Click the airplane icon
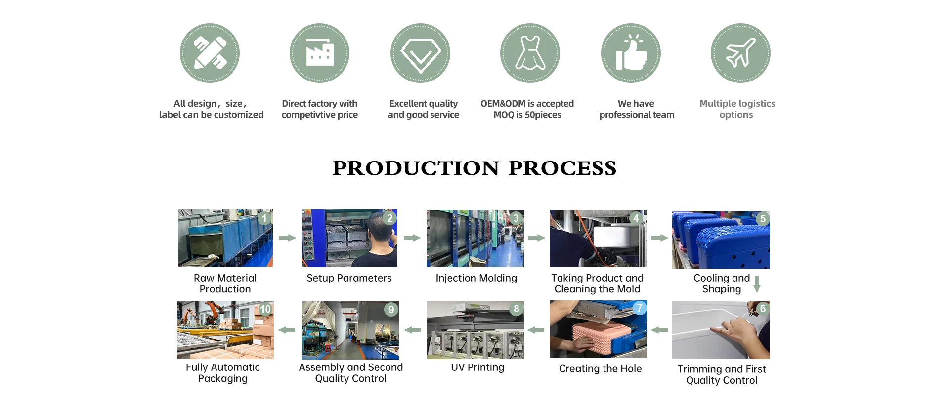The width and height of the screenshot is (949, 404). (x=740, y=52)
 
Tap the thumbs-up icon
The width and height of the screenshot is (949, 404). (x=631, y=52)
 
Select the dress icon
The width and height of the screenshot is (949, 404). (x=530, y=52)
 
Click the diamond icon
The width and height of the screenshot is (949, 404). (x=420, y=53)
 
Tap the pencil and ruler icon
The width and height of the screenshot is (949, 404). (x=210, y=52)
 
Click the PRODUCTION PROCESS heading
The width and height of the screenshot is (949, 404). (x=474, y=168)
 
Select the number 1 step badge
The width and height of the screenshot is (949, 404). (x=264, y=218)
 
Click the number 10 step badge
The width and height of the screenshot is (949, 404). (x=265, y=309)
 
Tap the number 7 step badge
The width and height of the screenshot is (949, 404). (x=639, y=308)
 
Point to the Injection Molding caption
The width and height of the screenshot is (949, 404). (x=476, y=278)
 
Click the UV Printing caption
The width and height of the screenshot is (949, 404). (x=477, y=367)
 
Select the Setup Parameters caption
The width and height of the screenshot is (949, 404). (x=349, y=278)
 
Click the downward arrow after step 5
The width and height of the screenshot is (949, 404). (x=757, y=284)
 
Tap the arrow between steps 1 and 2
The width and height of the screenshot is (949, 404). (x=288, y=238)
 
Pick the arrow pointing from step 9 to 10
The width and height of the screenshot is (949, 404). (x=287, y=330)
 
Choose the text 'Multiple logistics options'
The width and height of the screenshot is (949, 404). (x=737, y=109)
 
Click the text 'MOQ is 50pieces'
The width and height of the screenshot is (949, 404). (x=527, y=115)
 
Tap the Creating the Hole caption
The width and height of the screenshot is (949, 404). (x=600, y=369)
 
